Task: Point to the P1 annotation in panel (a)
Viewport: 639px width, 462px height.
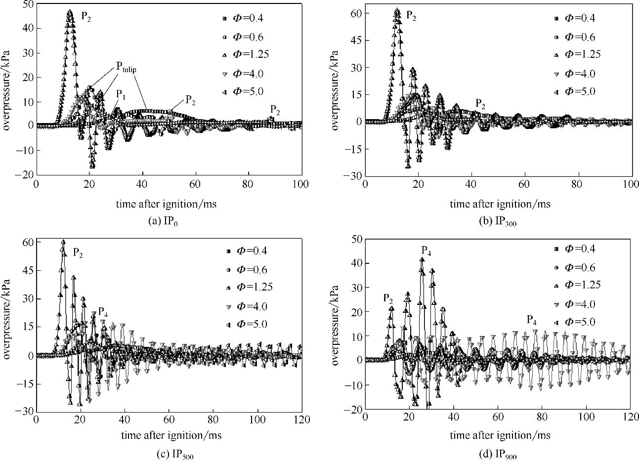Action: [120, 93]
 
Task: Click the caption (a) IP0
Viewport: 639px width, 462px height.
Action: [163, 221]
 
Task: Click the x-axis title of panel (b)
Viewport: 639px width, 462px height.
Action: [500, 203]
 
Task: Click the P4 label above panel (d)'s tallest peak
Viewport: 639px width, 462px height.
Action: [426, 251]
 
